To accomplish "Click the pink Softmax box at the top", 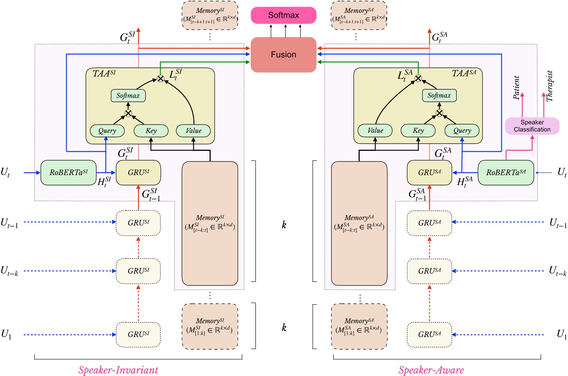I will [x=284, y=15].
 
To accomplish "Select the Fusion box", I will [x=284, y=55].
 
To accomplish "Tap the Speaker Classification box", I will [x=532, y=126].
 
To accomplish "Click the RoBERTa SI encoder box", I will [x=68, y=172].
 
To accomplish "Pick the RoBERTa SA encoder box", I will [x=506, y=172].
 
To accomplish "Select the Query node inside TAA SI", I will [x=107, y=131].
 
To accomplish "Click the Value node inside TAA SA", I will [x=375, y=131].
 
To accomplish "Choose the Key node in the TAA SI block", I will [x=151, y=131].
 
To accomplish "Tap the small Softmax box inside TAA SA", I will [x=439, y=96].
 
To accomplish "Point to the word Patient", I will [x=516, y=88].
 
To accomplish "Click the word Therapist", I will [x=549, y=86].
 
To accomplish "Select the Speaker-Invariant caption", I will [x=118, y=370].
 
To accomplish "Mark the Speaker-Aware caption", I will [x=431, y=370].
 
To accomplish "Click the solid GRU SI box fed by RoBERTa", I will [x=138, y=173].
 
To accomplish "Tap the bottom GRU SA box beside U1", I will [x=429, y=334].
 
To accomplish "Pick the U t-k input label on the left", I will [x=9, y=271].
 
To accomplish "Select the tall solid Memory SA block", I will [x=359, y=223].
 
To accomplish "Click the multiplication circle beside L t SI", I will [x=160, y=78].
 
